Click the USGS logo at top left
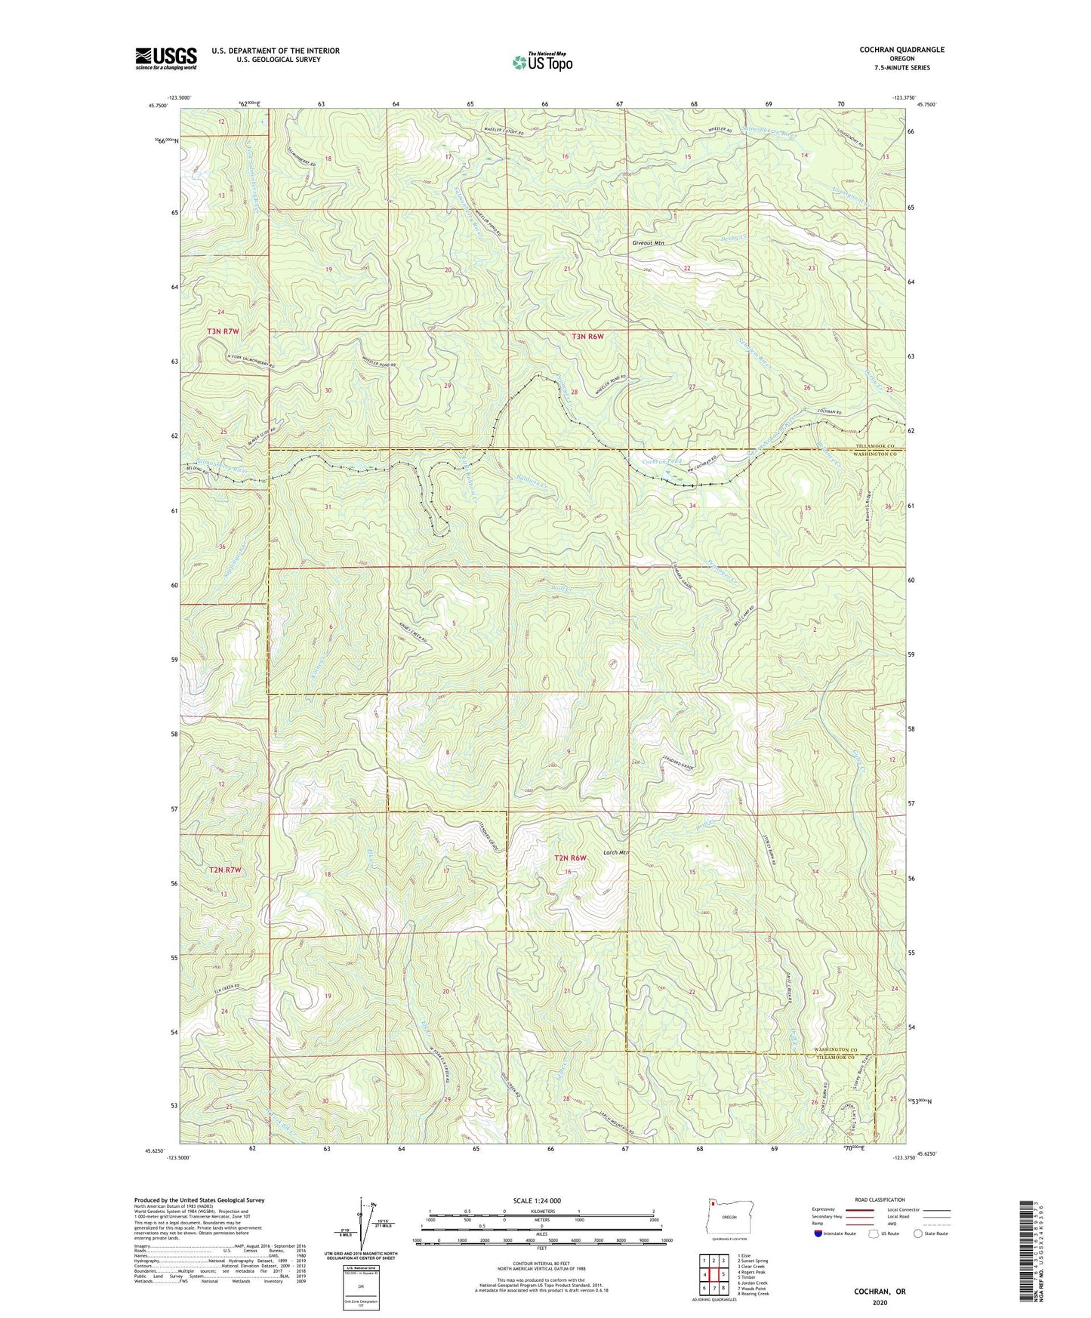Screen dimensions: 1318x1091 click(x=165, y=57)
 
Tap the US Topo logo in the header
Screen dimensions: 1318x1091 click(x=541, y=62)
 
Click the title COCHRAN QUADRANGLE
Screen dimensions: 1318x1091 click(x=901, y=50)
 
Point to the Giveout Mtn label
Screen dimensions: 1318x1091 click(x=649, y=244)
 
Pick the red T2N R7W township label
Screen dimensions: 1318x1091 click(x=223, y=870)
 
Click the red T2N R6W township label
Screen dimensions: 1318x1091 click(x=570, y=858)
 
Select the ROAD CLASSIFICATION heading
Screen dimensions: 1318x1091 click(x=879, y=1199)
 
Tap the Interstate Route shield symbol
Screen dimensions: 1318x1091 click(x=820, y=1233)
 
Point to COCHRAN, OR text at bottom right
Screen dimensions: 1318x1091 click(x=879, y=1291)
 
